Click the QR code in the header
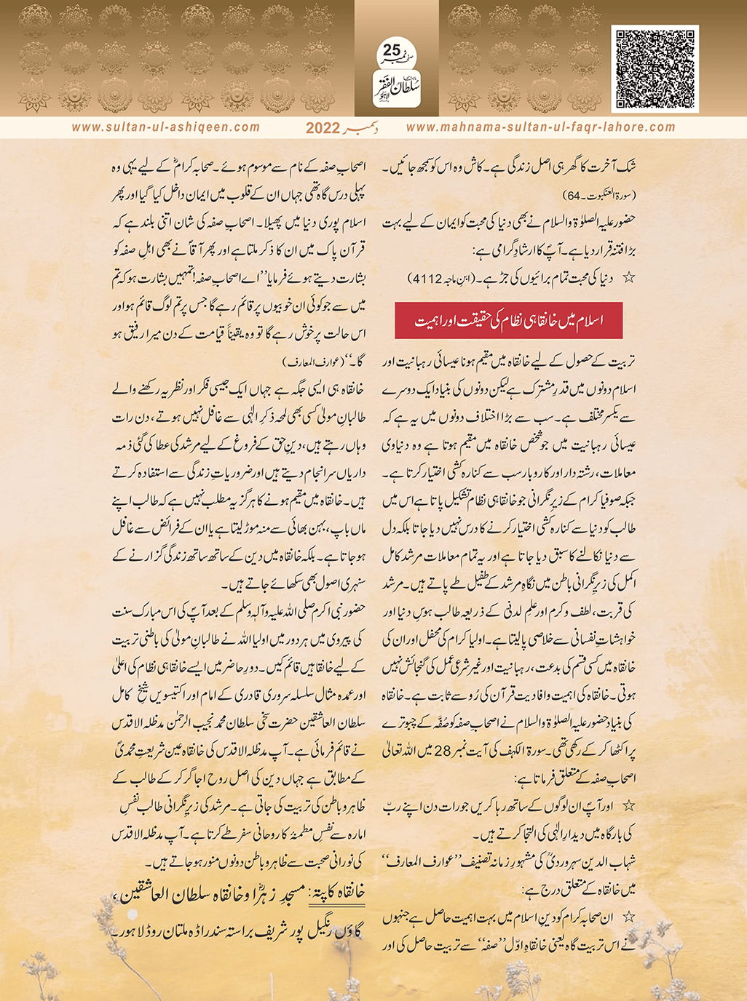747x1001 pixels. pyautogui.click(x=655, y=68)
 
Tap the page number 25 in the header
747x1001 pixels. pyautogui.click(x=392, y=51)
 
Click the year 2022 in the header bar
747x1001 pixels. pyautogui.click(x=323, y=128)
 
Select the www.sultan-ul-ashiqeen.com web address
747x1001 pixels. pyautogui.click(x=166, y=127)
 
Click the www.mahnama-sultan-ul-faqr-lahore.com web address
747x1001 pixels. pyautogui.click(x=540, y=127)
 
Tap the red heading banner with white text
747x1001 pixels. pyautogui.click(x=508, y=321)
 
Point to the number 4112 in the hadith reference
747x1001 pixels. pyautogui.click(x=428, y=278)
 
